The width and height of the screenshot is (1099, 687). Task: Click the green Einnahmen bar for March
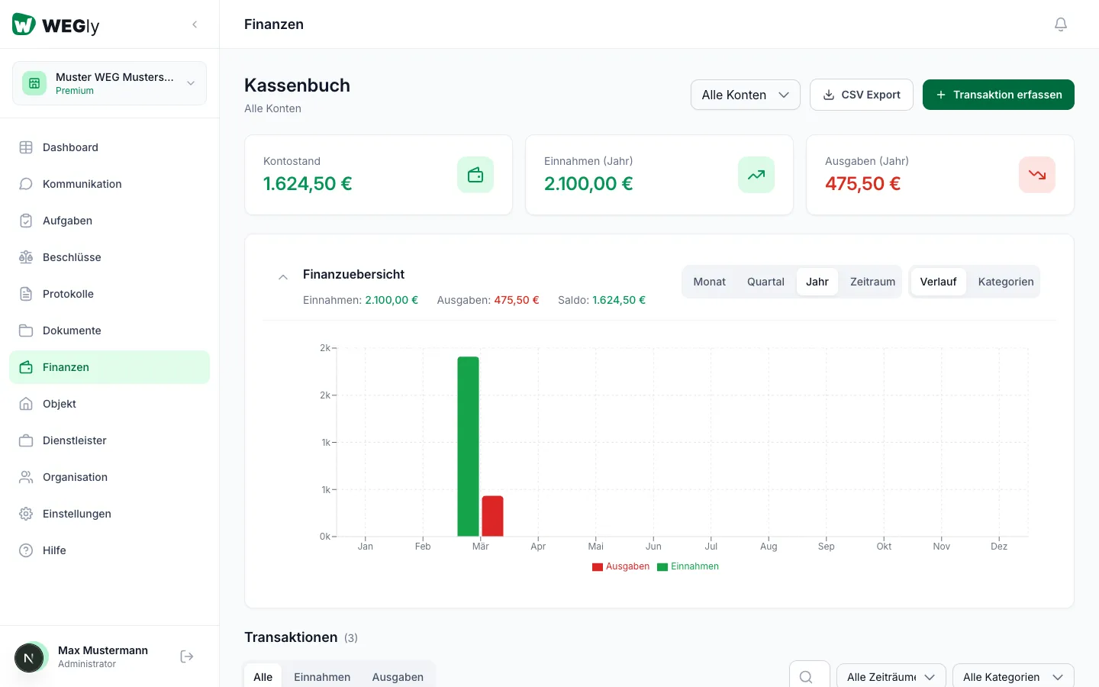click(468, 446)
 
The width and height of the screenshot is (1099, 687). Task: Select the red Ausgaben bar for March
click(492, 516)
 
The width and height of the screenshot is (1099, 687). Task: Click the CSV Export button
click(861, 95)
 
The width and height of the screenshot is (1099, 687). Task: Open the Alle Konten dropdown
click(745, 95)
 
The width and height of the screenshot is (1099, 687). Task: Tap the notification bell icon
click(1060, 24)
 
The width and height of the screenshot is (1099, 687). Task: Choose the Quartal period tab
click(765, 282)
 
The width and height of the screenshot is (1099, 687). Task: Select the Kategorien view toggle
click(1005, 282)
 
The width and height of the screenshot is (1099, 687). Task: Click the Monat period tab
click(709, 282)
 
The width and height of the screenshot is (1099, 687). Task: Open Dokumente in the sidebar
click(72, 331)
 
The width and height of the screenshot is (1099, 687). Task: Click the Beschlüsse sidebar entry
click(72, 257)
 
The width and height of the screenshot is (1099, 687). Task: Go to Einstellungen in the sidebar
click(76, 514)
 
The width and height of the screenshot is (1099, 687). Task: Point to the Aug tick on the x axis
click(769, 546)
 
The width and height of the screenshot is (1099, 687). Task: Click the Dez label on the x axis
click(999, 546)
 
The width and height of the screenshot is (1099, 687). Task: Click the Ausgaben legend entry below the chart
click(621, 566)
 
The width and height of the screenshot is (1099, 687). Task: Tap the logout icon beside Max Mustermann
click(187, 656)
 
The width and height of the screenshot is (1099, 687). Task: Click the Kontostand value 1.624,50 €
click(308, 184)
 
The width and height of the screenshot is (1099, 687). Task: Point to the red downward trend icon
click(1036, 175)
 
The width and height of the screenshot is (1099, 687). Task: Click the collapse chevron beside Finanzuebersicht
click(283, 277)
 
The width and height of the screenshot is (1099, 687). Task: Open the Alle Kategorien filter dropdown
click(1013, 677)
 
